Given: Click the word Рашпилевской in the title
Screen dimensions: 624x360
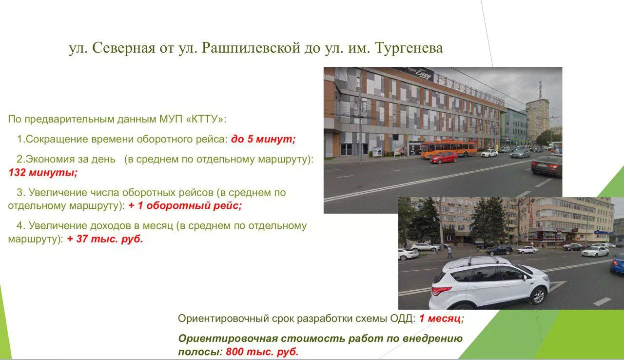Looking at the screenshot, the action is [251, 48].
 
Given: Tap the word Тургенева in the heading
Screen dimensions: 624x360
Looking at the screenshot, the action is [409, 48].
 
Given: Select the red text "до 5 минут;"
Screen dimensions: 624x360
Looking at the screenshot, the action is [263, 139].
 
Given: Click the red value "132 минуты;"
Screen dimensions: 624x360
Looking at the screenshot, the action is [43, 173].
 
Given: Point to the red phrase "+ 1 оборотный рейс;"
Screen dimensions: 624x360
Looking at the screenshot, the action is [185, 206].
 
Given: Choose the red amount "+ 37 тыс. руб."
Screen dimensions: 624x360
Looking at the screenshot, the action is [105, 239].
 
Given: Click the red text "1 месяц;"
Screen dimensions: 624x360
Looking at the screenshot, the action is [442, 318].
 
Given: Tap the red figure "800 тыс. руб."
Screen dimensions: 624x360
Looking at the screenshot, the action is [262, 352].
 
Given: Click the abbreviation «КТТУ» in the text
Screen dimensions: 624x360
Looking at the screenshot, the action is [204, 119].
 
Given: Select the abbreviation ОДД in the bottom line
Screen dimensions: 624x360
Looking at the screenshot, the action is [403, 318].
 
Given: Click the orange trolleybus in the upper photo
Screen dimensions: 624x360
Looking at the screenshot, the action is [449, 148].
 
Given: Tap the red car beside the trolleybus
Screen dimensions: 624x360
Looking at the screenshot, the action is [444, 158].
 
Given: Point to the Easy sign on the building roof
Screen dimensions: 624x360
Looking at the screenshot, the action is [423, 73].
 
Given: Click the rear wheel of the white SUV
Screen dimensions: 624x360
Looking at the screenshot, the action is [538, 296].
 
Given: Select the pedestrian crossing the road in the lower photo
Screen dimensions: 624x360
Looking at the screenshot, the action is [449, 252].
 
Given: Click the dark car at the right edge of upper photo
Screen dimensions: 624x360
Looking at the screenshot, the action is [546, 166].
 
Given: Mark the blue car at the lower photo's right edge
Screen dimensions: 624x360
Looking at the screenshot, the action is [618, 263].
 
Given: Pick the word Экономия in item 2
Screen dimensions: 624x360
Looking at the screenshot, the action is [50, 159].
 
